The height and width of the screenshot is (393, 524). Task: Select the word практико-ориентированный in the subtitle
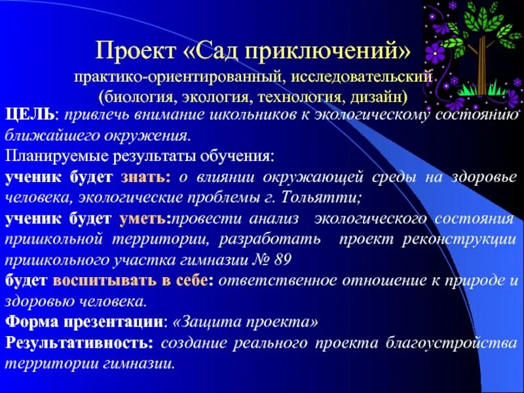pos(178,77)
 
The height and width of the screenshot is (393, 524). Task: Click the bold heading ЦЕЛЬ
pos(29,117)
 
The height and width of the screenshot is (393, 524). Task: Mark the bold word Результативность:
pos(80,343)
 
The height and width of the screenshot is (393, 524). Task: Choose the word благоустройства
pos(462,343)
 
